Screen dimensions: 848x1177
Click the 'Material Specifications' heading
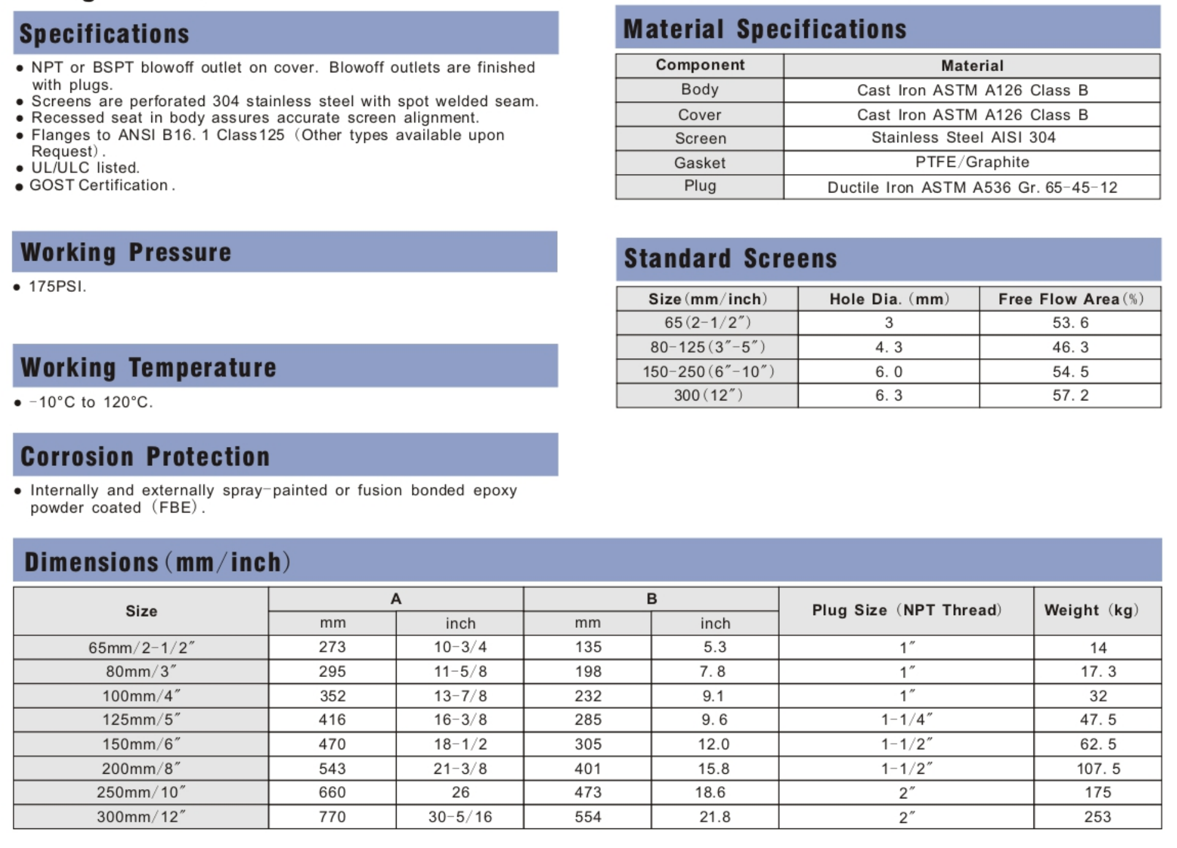point(764,29)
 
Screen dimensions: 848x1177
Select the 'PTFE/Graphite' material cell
point(972,162)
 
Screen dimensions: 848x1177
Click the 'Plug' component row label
point(699,186)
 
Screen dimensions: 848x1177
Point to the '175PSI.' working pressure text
point(58,286)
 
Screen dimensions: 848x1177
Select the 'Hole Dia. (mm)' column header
point(889,299)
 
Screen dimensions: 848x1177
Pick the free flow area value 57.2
point(1070,395)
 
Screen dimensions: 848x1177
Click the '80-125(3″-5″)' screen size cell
point(707,347)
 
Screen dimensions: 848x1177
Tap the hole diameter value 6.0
point(888,372)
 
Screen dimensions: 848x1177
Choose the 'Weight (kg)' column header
point(1091,610)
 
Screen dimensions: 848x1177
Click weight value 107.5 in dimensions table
point(1098,768)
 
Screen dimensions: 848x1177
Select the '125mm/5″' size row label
point(141,719)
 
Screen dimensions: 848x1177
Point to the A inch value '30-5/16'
point(460,817)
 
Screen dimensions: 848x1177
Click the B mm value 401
point(588,768)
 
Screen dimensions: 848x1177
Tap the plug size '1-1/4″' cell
point(906,719)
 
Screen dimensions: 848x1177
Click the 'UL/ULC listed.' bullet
point(85,168)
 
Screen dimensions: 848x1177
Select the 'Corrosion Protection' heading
point(145,457)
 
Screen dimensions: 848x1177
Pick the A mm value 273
point(332,647)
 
